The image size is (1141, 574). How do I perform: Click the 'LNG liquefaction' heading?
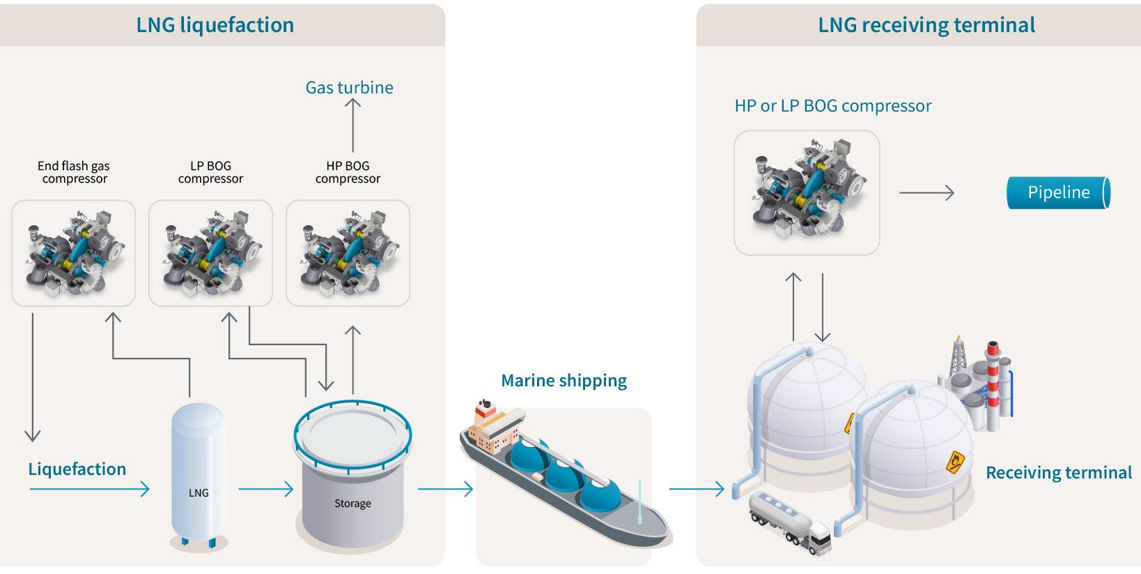215,25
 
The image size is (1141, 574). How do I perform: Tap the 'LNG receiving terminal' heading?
926,25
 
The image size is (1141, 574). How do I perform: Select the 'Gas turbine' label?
349,87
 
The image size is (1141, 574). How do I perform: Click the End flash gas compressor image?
73,252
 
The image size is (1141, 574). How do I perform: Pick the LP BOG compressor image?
210,252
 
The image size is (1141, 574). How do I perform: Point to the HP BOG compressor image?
348,252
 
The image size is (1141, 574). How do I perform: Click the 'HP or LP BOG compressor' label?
832,105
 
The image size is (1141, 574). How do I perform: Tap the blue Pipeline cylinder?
1058,192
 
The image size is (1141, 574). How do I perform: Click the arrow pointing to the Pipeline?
926,192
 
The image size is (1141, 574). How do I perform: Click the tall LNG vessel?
199,474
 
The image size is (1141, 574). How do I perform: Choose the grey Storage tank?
352,481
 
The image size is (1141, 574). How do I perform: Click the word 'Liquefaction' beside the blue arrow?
77,469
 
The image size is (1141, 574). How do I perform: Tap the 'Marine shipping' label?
564,380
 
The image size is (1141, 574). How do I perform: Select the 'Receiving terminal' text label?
1058,473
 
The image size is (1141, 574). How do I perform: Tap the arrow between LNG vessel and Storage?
265,489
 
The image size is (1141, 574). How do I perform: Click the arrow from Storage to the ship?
445,489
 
